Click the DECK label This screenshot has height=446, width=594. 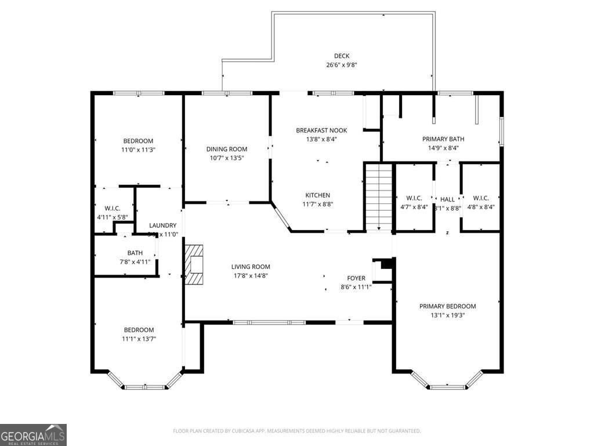click(x=341, y=56)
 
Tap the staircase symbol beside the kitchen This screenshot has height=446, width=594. click(x=379, y=197)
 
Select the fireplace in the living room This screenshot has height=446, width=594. click(x=194, y=265)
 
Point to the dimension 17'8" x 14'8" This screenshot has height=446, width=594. click(x=252, y=276)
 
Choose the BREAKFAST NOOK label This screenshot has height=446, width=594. click(x=321, y=130)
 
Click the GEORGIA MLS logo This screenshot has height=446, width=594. click(x=33, y=434)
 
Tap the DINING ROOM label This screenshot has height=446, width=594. click(x=227, y=149)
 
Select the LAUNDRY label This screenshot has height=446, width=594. click(x=162, y=225)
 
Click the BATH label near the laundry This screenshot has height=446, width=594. click(x=135, y=253)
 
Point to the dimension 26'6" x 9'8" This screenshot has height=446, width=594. click(x=341, y=65)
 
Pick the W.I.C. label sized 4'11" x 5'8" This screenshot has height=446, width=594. click(x=112, y=208)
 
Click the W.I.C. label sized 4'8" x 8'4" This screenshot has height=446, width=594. click(x=480, y=198)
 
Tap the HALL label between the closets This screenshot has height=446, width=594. click(x=447, y=199)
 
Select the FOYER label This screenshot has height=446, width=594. click(x=356, y=278)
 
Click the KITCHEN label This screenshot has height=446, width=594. click(x=317, y=195)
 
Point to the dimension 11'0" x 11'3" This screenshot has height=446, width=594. click(x=138, y=150)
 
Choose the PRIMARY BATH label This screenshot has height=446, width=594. click(x=443, y=139)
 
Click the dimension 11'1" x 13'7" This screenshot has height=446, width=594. click(x=138, y=339)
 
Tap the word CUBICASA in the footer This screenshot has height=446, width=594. click(x=273, y=431)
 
